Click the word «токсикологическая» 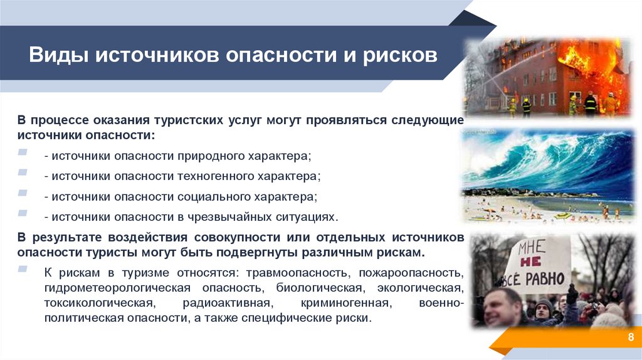99,303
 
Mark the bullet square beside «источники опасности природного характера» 23,153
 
